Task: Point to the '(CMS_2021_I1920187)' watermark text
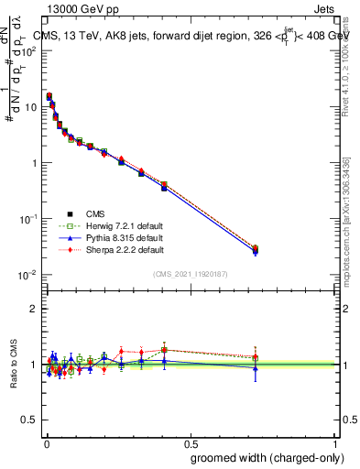191,274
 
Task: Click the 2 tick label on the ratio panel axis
35,309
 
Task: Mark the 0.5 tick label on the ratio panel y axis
31,420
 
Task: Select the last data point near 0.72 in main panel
256,249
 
